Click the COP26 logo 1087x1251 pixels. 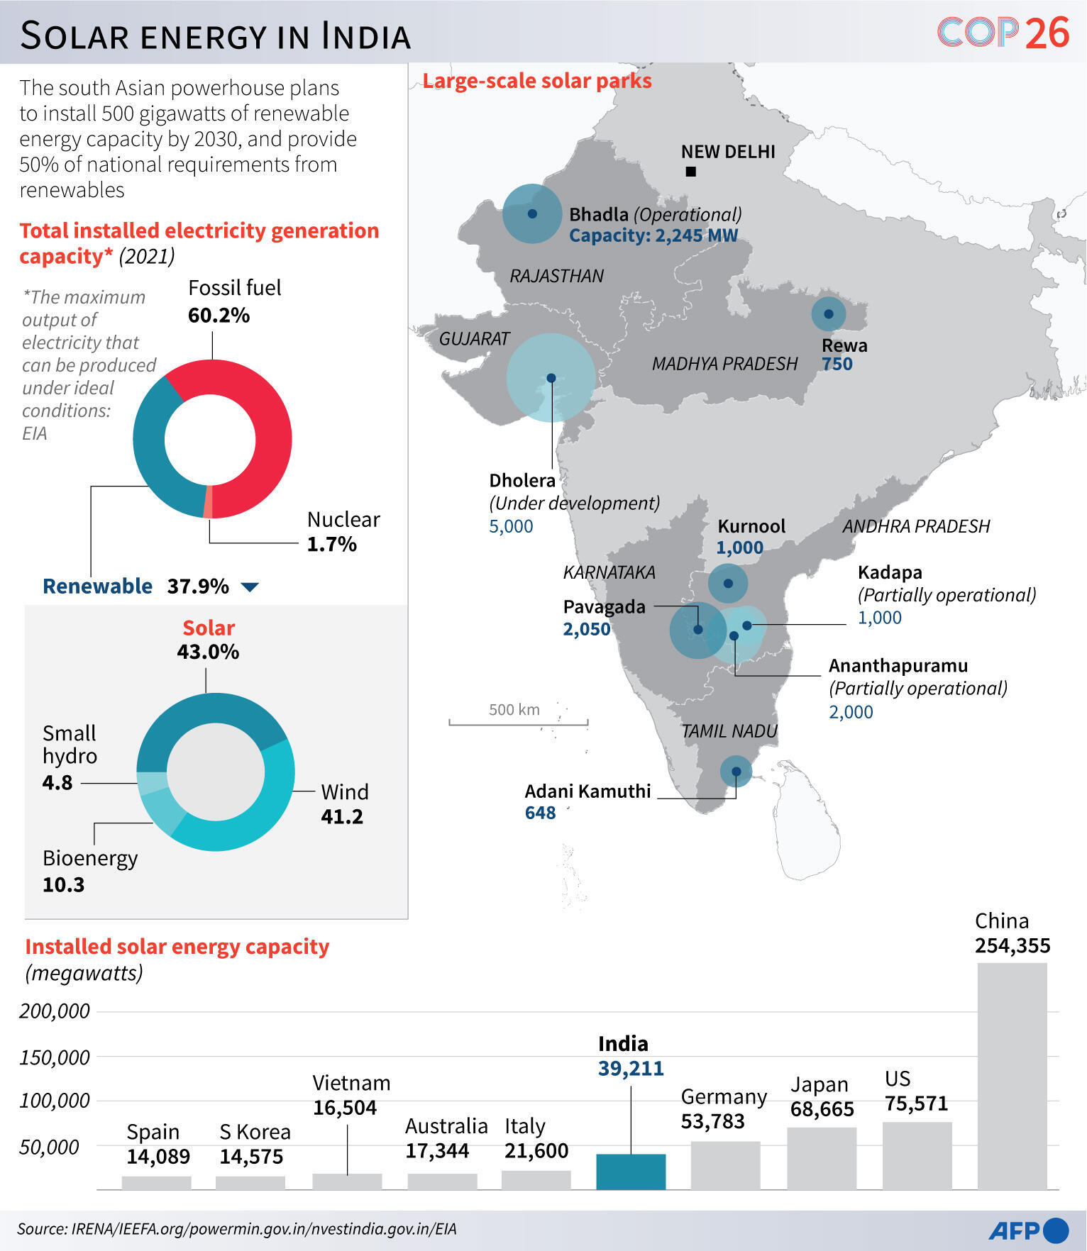coord(1003,33)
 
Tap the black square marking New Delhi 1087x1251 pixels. coord(690,172)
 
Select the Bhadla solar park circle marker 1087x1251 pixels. coord(532,213)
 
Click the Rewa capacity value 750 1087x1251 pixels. coord(837,365)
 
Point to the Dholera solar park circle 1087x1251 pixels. coord(551,378)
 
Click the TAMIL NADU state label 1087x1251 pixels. coord(729,731)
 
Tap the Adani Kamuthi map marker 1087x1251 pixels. coord(736,771)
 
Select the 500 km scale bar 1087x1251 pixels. coord(518,723)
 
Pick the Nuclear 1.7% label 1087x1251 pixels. coord(343,532)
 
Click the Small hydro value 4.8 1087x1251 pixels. coord(57,783)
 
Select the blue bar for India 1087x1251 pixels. coord(631,1171)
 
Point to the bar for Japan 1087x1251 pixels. coord(821,1157)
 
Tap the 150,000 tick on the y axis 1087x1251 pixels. coord(55,1057)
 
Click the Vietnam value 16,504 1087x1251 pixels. coord(345,1108)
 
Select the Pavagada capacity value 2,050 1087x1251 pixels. coord(586,629)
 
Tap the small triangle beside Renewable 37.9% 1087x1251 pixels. coord(250,587)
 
